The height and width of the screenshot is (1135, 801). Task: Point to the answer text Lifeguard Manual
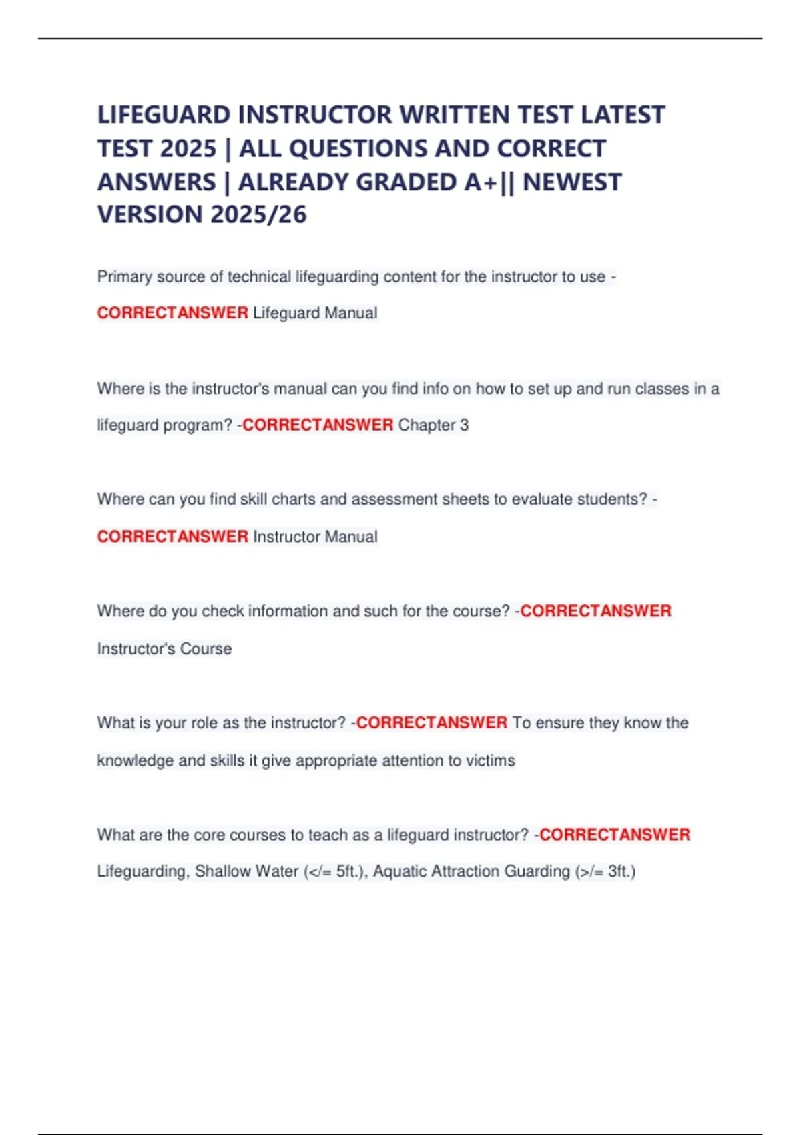click(315, 313)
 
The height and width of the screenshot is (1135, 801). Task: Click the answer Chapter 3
click(433, 425)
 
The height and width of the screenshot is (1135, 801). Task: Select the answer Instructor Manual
click(315, 537)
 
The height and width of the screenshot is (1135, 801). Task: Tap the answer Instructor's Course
click(164, 648)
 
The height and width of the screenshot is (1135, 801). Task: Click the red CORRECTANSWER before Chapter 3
click(318, 425)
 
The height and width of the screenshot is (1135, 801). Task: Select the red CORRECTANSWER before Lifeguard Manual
click(172, 313)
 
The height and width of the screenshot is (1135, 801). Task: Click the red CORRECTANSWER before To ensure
click(432, 723)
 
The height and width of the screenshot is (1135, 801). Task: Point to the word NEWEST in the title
click(572, 182)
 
